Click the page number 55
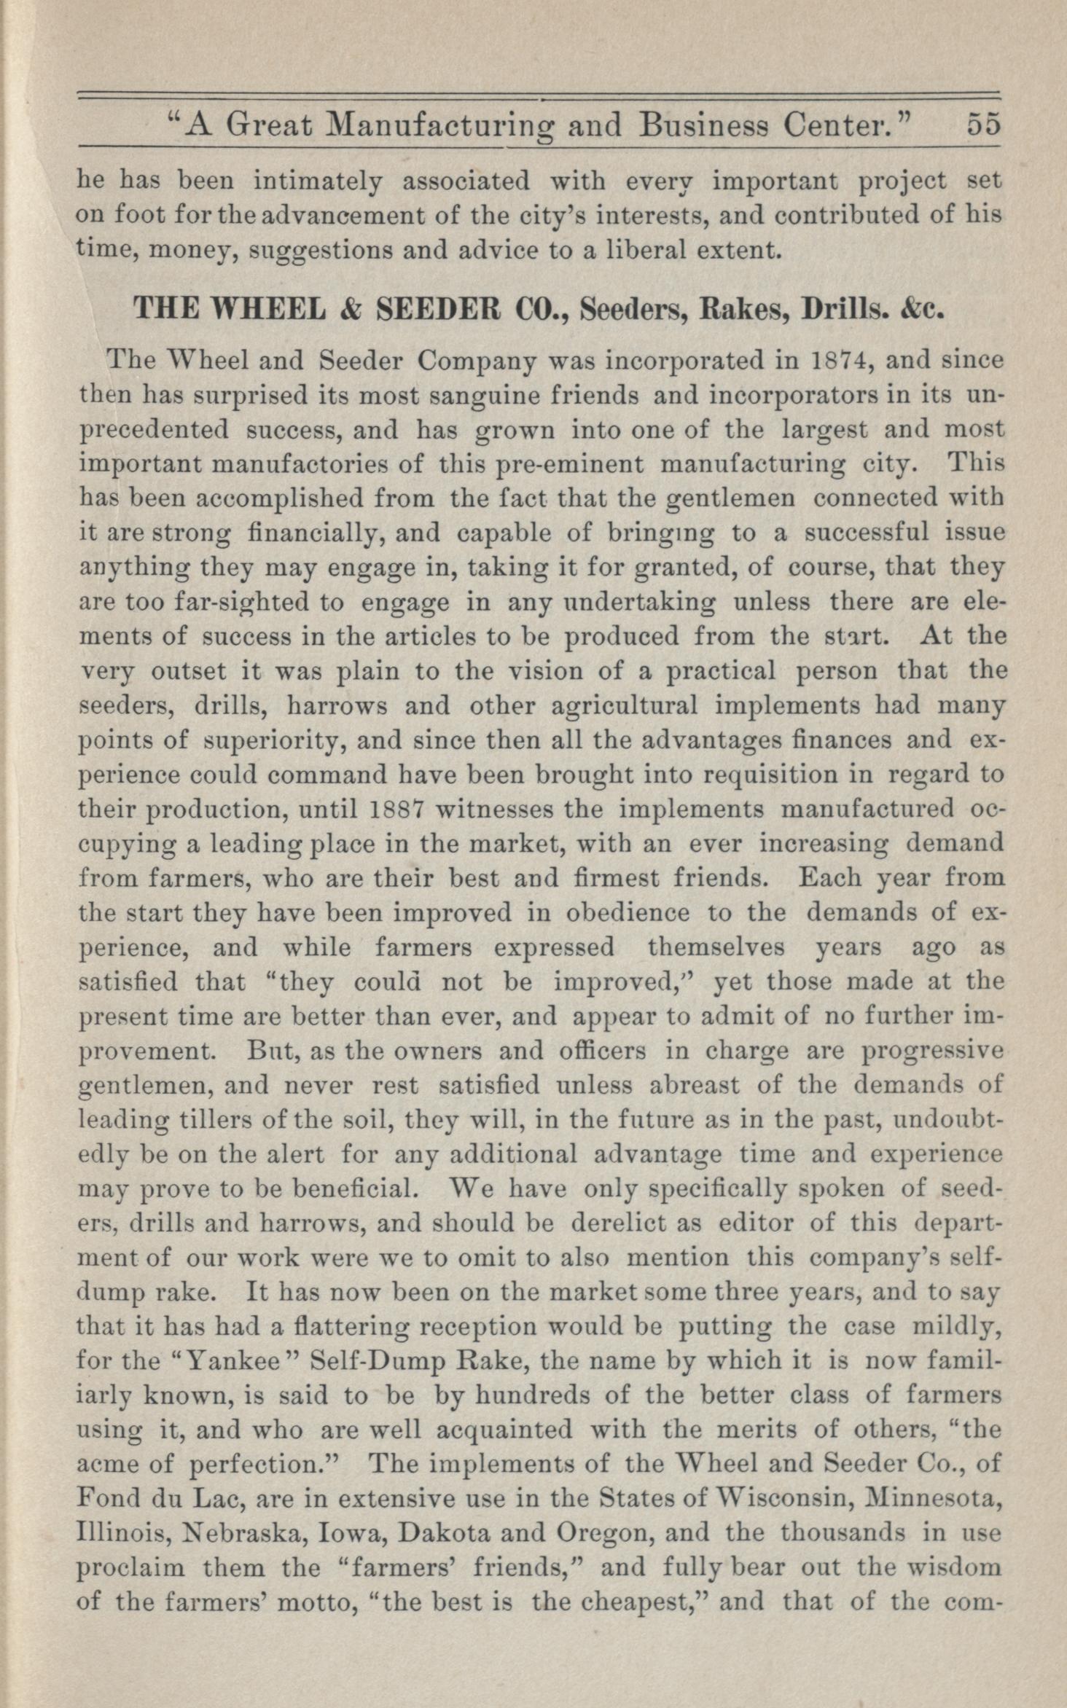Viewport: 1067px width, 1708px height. click(x=985, y=125)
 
